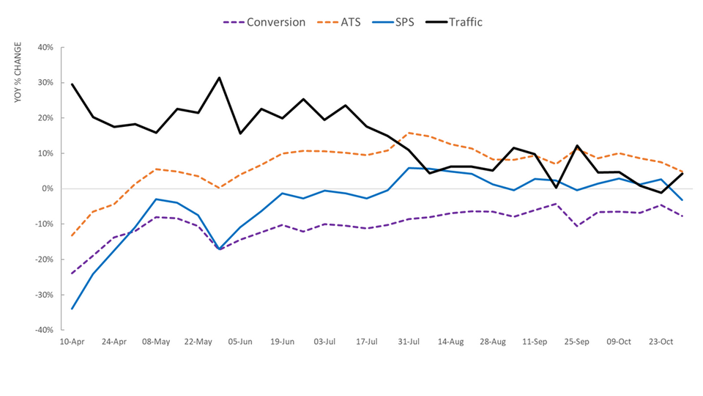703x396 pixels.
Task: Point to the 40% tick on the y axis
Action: [45, 48]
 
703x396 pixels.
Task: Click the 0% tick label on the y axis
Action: [47, 188]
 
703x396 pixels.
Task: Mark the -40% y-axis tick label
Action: [43, 330]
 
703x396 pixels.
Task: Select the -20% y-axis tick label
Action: [43, 260]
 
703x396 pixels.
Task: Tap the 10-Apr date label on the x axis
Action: [72, 342]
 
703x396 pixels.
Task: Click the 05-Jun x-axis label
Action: [241, 342]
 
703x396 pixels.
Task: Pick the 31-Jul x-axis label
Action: [409, 342]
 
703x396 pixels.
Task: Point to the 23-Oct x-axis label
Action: [662, 342]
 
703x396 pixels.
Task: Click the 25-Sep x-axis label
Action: [578, 342]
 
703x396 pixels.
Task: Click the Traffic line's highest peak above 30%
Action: [219, 78]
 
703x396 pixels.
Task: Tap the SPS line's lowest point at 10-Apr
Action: [72, 309]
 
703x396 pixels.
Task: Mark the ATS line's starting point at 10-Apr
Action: [72, 235]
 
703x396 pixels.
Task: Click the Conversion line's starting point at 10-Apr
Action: [72, 274]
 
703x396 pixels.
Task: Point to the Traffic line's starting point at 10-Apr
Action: [72, 84]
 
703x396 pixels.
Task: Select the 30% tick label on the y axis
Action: [45, 83]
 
